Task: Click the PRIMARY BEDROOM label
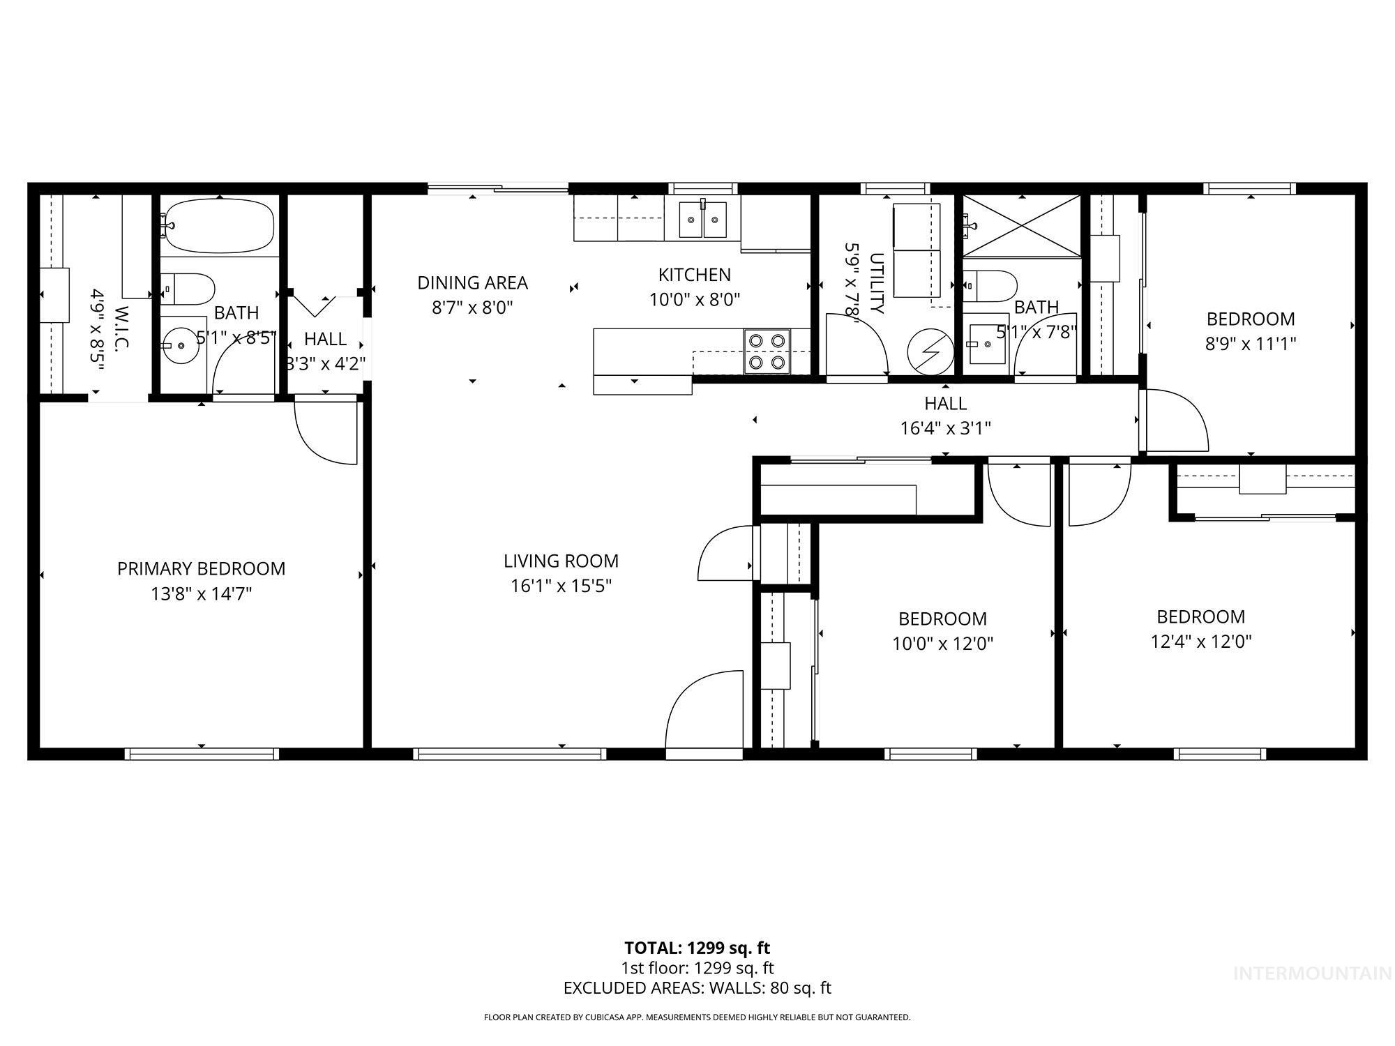pos(201,568)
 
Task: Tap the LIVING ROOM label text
pos(561,561)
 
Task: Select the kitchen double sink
pos(702,218)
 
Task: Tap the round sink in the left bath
pos(180,345)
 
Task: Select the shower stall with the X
pos(1022,226)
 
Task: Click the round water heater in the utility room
pos(930,352)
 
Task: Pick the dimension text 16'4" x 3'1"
pos(945,428)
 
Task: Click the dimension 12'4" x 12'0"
pos(1200,642)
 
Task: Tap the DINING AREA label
pos(472,282)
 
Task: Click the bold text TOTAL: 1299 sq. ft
pos(697,948)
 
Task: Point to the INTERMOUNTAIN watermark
pos(1311,973)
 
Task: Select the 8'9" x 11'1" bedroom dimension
pos(1250,344)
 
